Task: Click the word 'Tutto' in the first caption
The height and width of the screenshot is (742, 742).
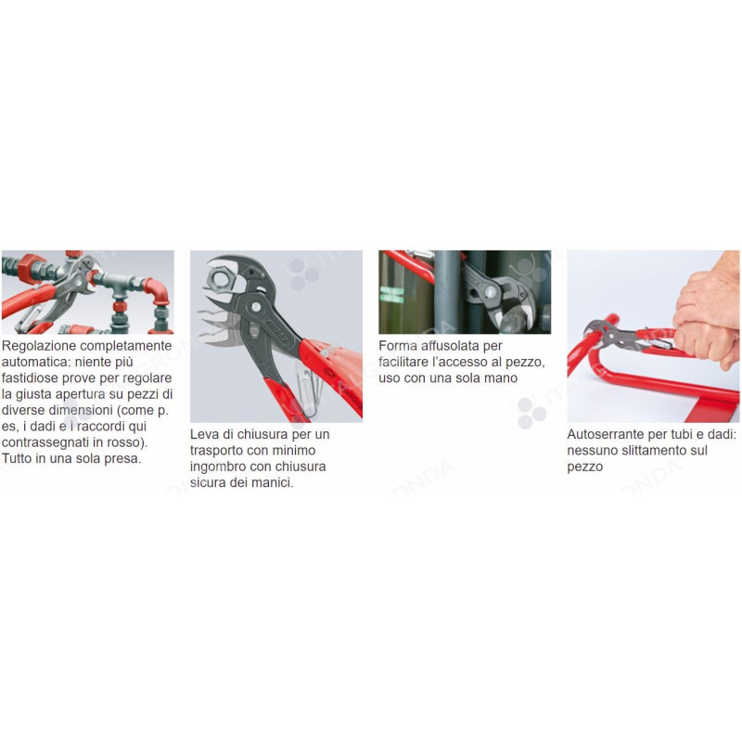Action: pos(19,459)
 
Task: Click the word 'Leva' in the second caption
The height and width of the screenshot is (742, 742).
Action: pos(206,434)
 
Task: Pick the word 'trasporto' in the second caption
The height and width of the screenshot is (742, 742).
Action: pos(222,451)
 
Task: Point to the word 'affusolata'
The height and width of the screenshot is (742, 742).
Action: pos(453,346)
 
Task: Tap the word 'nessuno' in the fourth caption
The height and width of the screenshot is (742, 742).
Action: pos(594,451)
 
